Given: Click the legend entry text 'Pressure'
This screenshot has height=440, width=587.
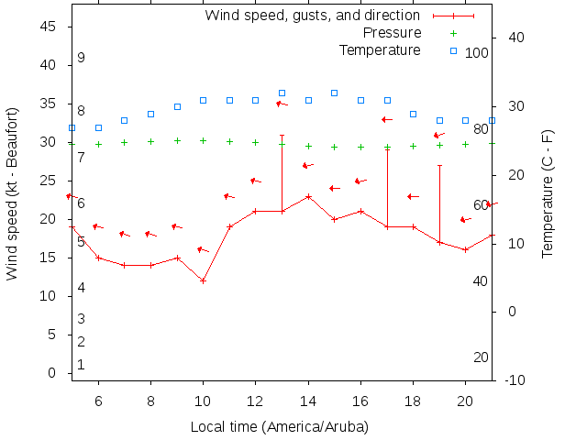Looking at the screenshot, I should click(x=392, y=33).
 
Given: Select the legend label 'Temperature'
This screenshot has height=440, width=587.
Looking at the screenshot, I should click(x=380, y=49).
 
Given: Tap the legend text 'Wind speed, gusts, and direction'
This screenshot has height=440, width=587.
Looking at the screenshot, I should click(x=312, y=16).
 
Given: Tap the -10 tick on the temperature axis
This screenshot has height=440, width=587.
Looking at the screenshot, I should click(x=515, y=380).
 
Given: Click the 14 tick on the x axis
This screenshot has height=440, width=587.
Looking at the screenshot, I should click(x=309, y=400).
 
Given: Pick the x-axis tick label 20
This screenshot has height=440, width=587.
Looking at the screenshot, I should click(x=466, y=400).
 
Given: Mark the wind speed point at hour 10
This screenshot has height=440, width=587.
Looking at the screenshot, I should click(x=204, y=280).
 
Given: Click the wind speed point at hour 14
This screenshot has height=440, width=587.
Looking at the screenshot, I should click(x=309, y=196).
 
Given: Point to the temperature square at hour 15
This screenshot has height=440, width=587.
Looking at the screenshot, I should click(x=335, y=93).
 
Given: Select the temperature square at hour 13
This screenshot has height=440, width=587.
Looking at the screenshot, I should click(x=282, y=93).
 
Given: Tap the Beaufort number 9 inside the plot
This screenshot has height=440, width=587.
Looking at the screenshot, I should click(x=82, y=58).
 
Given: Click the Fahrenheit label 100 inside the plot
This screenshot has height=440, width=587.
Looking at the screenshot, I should click(x=477, y=53).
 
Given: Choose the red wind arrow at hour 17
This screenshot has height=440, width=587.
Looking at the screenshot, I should click(x=387, y=119).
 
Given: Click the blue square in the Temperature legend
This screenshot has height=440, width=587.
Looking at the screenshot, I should click(x=453, y=49).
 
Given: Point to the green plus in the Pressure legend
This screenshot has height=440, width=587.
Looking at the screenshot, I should click(x=453, y=33).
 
